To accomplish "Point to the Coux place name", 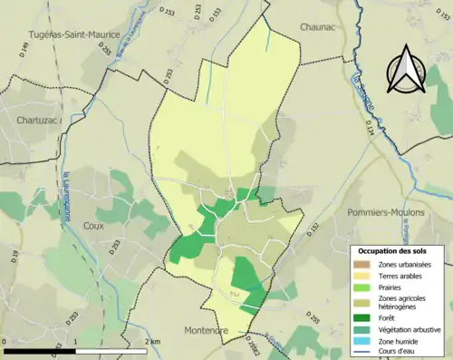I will coord(93,226).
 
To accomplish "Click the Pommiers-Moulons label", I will coord(381,210).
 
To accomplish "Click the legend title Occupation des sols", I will coord(395,249).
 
